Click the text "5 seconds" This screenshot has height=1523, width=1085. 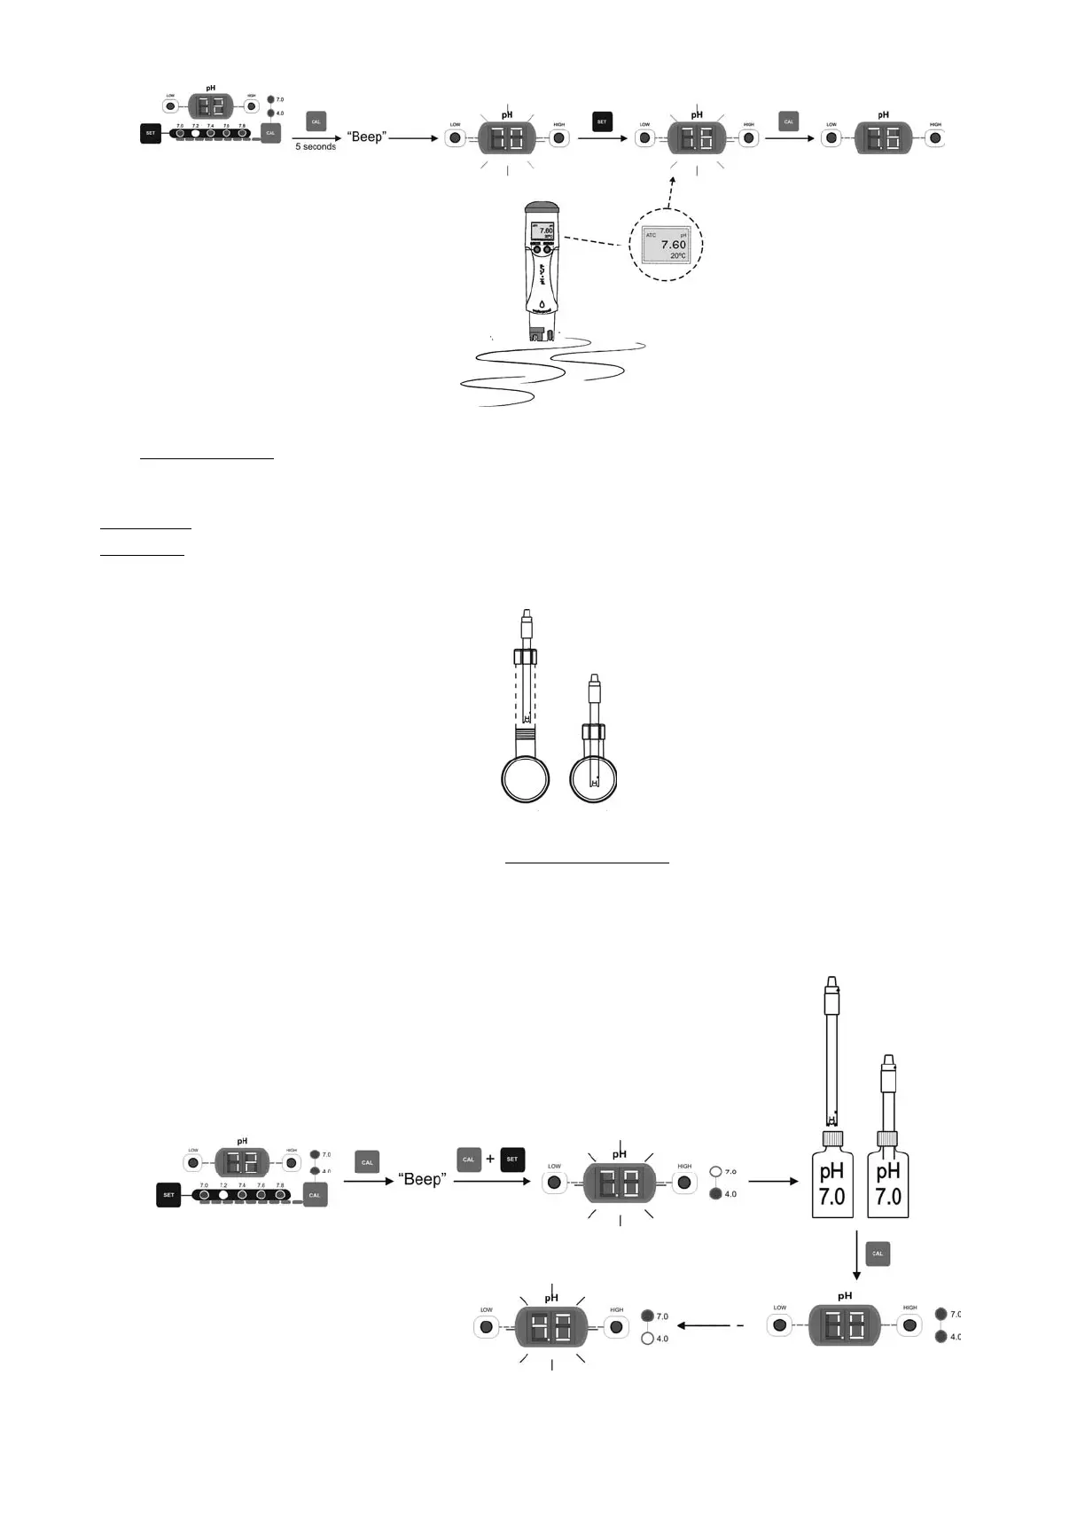point(316,147)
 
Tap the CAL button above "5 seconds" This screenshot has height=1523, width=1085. point(316,121)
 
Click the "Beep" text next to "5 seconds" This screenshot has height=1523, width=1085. point(366,137)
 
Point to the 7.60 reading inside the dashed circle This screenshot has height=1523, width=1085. point(673,245)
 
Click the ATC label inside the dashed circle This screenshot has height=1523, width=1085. point(652,235)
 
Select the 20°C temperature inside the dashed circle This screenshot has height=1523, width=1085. point(677,256)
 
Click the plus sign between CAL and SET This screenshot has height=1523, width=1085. point(490,1159)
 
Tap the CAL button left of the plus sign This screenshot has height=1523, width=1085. point(469,1159)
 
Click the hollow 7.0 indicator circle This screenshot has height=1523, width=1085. point(716,1172)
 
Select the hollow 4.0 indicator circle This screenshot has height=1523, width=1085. point(647,1339)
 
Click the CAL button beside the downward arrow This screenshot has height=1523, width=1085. point(877,1254)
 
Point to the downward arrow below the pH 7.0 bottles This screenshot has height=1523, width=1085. point(856,1255)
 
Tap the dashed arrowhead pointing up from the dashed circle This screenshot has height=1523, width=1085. point(672,180)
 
